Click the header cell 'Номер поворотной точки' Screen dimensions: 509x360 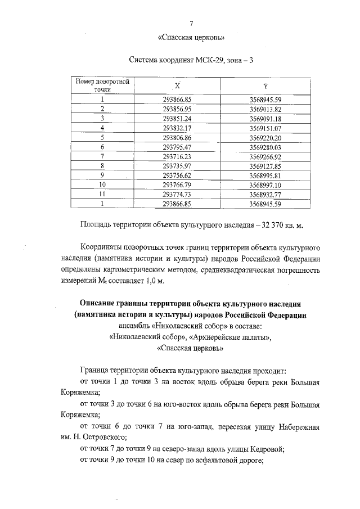click(103, 85)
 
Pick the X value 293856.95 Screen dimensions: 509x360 click(177, 109)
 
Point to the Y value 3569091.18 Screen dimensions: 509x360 click(265, 119)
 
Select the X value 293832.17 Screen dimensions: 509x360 click(177, 128)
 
